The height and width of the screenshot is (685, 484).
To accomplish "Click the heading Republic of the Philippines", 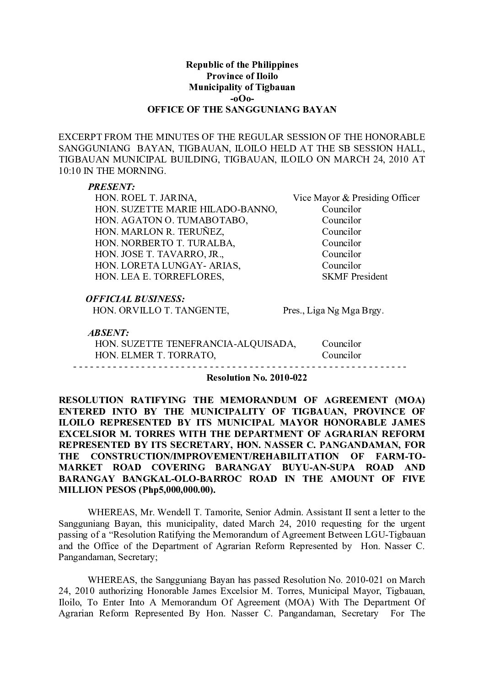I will click(242, 65).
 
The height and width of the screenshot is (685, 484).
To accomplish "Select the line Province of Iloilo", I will click(242, 76).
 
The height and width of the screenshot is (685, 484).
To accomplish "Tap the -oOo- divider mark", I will click(242, 98).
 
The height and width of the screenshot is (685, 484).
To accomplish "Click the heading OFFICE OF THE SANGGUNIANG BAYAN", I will click(242, 110).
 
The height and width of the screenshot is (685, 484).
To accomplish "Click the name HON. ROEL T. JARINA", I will click(146, 198).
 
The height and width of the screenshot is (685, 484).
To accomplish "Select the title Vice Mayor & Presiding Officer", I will click(356, 198).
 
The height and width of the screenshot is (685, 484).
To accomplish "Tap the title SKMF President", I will click(355, 276).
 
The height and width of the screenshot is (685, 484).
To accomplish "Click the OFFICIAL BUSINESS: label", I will click(135, 299).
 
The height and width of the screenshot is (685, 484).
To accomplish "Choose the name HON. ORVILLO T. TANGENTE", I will click(161, 311).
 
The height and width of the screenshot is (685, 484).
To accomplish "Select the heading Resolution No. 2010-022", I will click(257, 378).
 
